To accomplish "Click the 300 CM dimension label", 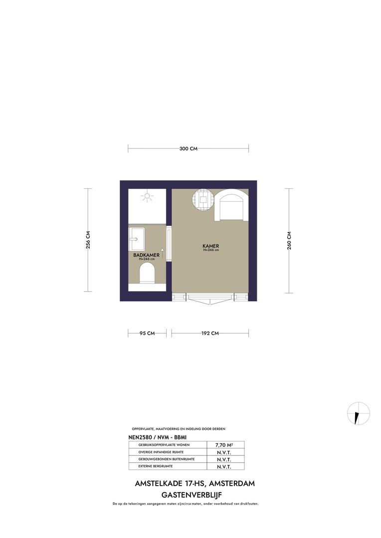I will (189, 148).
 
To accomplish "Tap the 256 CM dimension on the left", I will (88, 240).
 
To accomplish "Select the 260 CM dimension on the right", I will (289, 241).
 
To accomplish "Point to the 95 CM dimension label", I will (147, 333).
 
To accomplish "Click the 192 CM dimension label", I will (210, 333).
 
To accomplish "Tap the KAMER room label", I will (210, 246).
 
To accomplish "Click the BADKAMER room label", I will (146, 255).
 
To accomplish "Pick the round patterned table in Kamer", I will (204, 200).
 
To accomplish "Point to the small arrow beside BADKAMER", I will (162, 256).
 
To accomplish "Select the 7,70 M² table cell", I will (224, 445).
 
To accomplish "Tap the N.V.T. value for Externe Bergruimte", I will (224, 467).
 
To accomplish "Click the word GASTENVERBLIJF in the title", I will (191, 495).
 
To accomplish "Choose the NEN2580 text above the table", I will (141, 436).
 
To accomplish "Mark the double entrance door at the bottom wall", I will (210, 298).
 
